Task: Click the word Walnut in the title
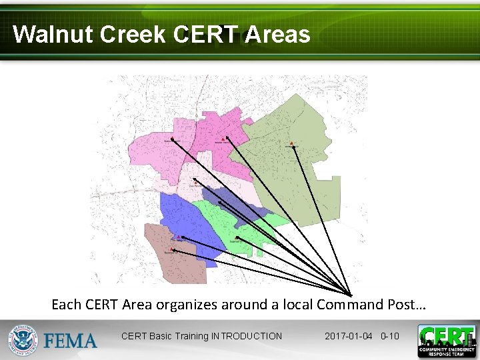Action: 53,35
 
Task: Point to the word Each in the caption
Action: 67,305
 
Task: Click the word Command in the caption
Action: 350,305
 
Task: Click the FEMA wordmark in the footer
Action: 70,341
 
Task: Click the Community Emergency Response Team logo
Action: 447,340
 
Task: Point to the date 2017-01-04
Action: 349,336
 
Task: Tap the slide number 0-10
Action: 389,336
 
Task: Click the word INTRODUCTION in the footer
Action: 246,336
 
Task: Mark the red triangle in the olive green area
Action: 292,143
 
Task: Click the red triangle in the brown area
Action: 171,249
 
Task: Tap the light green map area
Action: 233,227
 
